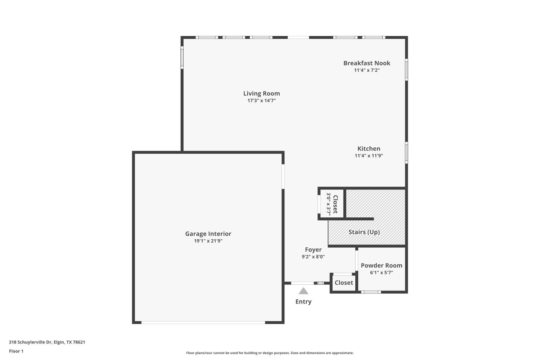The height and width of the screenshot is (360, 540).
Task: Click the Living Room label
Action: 261,94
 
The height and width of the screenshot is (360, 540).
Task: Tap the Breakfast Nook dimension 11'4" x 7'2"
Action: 366,70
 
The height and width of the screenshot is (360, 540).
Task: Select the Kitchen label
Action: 369,149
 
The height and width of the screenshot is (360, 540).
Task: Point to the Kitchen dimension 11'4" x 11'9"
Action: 369,156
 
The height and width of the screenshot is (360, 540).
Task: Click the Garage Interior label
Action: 208,234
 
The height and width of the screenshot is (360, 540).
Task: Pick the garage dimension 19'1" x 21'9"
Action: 208,241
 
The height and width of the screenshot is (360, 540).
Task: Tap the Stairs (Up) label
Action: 364,232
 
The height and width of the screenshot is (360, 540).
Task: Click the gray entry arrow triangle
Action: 303,291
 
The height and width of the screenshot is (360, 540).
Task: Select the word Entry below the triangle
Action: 303,302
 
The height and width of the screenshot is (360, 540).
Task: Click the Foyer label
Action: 313,250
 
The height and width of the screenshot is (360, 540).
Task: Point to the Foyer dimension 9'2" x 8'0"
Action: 313,257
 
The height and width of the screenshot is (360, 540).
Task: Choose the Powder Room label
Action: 381,266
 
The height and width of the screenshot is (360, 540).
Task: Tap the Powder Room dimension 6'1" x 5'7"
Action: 381,273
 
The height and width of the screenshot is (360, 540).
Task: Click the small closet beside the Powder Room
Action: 344,283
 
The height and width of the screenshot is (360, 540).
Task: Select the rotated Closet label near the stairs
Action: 335,204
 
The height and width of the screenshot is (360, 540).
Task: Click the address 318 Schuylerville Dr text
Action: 47,342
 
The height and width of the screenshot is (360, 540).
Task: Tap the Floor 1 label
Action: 16,351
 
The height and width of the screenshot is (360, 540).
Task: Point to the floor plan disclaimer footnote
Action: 270,353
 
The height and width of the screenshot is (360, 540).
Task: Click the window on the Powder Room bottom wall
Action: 371,292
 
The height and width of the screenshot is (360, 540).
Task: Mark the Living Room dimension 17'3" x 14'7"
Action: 261,101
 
